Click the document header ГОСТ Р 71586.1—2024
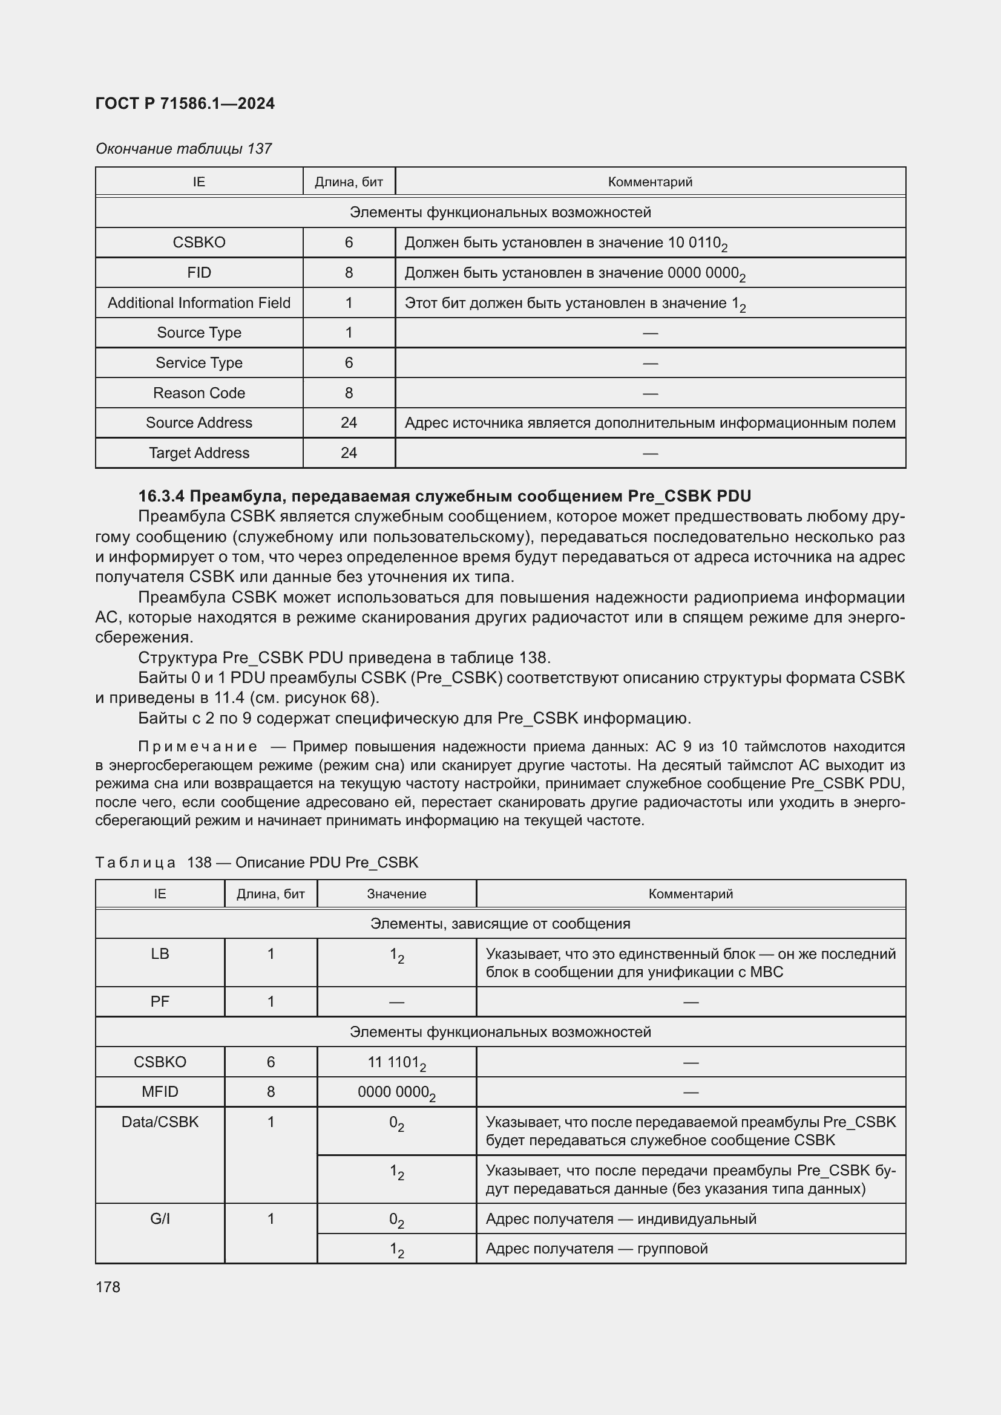pyautogui.click(x=185, y=103)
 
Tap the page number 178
pyautogui.click(x=108, y=1287)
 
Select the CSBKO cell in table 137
pyautogui.click(x=199, y=242)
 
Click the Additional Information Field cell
pyautogui.click(x=199, y=302)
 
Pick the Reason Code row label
pyautogui.click(x=199, y=393)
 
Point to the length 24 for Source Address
pyautogui.click(x=348, y=422)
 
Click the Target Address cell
pyautogui.click(x=199, y=453)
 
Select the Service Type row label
pyautogui.click(x=199, y=362)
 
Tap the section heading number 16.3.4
pyautogui.click(x=162, y=496)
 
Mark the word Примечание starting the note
pyautogui.click(x=197, y=747)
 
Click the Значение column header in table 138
pyautogui.click(x=396, y=894)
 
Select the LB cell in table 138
pyautogui.click(x=160, y=953)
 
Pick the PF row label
pyautogui.click(x=160, y=1001)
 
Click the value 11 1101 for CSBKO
pyautogui.click(x=396, y=1062)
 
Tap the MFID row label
pyautogui.click(x=160, y=1091)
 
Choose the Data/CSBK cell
pyautogui.click(x=160, y=1122)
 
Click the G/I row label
pyautogui.click(x=160, y=1218)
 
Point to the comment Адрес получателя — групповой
pyautogui.click(x=596, y=1248)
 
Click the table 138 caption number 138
pyautogui.click(x=199, y=862)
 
